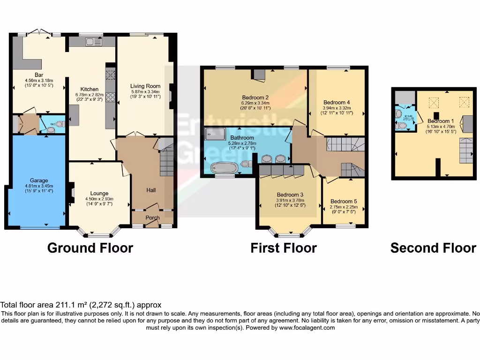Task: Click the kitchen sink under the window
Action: click(94, 42)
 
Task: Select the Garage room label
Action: click(36, 180)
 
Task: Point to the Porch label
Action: click(152, 217)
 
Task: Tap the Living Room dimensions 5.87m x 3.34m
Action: click(145, 91)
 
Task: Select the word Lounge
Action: click(99, 193)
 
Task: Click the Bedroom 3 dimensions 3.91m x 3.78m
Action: click(290, 200)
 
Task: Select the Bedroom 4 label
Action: click(337, 102)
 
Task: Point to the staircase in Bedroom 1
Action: click(466, 151)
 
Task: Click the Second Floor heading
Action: click(433, 248)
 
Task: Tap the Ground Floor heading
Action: click(90, 248)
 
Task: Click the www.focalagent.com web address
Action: click(307, 328)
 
